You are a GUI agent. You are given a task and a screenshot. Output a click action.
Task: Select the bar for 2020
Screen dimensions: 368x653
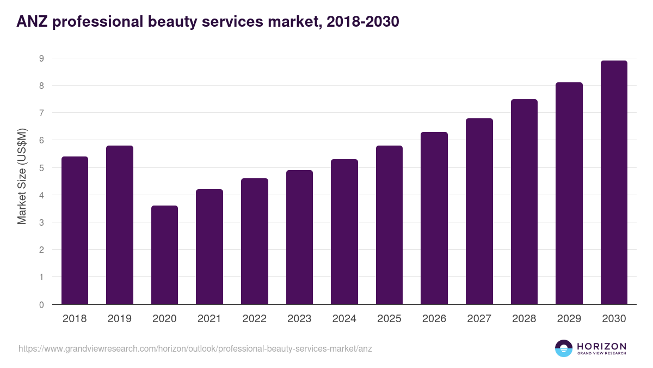164,255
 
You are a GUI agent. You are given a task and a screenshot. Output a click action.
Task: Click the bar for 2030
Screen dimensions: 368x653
614,183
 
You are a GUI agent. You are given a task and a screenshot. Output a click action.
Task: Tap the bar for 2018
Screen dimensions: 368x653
75,231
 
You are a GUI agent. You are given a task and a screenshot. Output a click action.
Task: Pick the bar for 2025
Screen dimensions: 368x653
389,225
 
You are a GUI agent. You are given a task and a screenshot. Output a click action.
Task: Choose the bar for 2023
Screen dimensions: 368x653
299,237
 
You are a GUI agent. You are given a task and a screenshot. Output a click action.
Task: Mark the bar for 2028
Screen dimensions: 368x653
524,202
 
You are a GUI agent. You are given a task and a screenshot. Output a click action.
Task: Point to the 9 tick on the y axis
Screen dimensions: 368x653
41,58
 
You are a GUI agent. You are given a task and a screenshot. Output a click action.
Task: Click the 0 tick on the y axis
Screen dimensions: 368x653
41,305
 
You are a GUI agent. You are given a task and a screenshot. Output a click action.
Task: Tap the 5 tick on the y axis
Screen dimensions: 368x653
41,168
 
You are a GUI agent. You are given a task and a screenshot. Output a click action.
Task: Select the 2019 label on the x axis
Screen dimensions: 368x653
120,319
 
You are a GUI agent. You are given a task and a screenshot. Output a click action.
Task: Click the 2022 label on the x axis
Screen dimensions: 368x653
254,319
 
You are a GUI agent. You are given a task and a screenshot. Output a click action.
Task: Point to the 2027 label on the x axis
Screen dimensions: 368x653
479,319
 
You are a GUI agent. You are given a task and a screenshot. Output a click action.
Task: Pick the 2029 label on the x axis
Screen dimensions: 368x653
569,319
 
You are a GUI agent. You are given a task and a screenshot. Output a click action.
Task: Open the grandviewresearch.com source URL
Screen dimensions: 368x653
195,348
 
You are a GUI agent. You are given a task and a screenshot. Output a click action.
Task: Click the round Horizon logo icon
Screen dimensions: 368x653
564,348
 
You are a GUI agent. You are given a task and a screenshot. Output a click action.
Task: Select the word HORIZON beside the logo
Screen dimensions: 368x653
601,346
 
